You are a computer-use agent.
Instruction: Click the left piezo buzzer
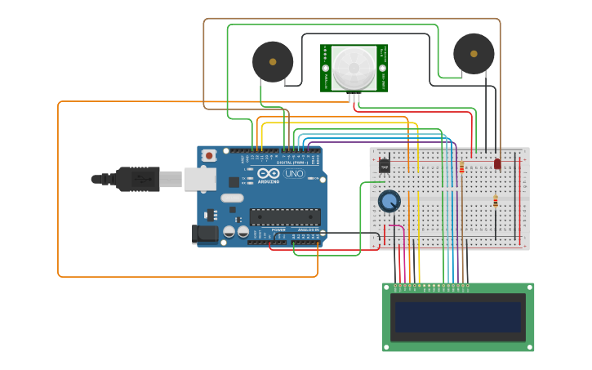(273, 61)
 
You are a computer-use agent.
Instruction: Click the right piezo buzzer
(474, 53)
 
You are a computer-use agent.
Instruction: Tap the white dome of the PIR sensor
(354, 67)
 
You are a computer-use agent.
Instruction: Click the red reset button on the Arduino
(209, 154)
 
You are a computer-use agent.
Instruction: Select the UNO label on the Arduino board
(294, 173)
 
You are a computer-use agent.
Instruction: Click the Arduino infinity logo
(269, 172)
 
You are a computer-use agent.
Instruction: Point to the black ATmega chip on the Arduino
(285, 216)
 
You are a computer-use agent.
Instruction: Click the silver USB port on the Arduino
(199, 179)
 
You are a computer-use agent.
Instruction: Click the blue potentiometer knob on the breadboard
(389, 200)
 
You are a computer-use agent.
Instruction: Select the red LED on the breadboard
(497, 163)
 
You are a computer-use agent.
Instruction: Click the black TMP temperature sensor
(385, 166)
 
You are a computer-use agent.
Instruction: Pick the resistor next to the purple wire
(462, 168)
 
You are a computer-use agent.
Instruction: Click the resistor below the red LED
(495, 202)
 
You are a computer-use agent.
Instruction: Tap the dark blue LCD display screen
(458, 317)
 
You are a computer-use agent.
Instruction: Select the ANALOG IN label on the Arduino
(308, 230)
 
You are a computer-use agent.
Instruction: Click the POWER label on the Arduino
(278, 230)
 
